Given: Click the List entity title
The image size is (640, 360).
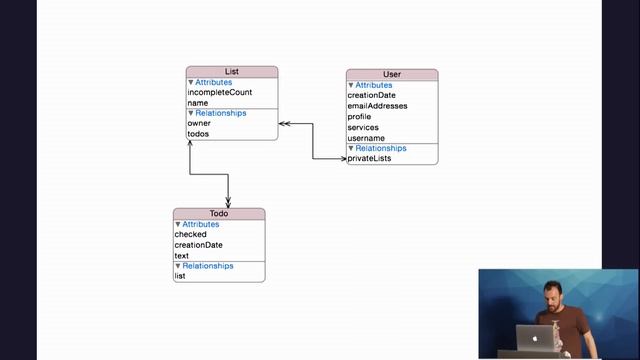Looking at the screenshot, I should [x=231, y=72].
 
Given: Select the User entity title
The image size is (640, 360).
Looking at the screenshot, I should [x=392, y=75].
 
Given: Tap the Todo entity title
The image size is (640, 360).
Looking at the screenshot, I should [x=219, y=214].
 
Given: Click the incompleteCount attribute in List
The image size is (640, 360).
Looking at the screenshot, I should [x=219, y=92].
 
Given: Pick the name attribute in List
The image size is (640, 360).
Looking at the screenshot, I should [x=198, y=103].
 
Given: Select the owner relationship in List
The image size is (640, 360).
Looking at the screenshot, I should [x=199, y=123].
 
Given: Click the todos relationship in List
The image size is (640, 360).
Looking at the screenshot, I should [x=198, y=134].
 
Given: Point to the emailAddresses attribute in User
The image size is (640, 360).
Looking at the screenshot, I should [x=377, y=106].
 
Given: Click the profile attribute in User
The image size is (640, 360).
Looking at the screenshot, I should [x=359, y=117].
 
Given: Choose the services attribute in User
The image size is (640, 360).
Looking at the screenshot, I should [x=363, y=128].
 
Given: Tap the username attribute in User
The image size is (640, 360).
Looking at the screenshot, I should [x=366, y=138].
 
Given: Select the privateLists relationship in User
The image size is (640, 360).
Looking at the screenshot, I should [x=369, y=159].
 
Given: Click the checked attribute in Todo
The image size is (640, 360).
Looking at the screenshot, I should [x=190, y=235].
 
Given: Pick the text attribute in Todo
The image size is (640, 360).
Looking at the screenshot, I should [x=182, y=256].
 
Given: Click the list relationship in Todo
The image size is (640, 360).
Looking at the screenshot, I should [x=180, y=276].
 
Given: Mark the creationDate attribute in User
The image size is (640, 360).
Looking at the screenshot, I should [x=371, y=96].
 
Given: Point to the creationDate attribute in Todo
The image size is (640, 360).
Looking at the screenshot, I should [x=198, y=245].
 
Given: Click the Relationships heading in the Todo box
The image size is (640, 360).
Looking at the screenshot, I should [x=207, y=266].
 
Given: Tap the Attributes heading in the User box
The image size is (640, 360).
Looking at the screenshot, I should [x=374, y=85].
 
